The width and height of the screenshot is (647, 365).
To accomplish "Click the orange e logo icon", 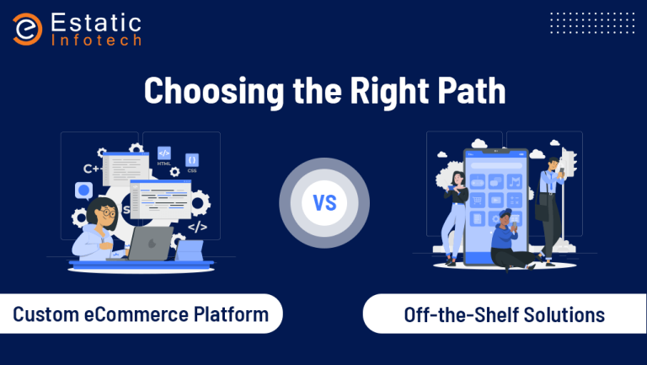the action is click(27, 29).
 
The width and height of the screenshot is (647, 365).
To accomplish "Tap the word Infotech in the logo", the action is click(97, 40).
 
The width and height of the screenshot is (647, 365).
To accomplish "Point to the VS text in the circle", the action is click(324, 203).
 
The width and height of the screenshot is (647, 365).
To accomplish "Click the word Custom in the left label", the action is click(45, 314).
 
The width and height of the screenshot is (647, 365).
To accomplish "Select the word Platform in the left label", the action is click(231, 314).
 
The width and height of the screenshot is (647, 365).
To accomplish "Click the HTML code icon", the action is click(164, 153).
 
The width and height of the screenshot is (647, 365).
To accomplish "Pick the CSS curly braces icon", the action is click(192, 160).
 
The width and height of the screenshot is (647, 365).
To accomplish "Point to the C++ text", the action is click(93, 169).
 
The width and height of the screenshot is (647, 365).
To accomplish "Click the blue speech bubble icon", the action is click(83, 191).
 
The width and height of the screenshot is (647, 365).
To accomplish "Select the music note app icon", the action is click(515, 182).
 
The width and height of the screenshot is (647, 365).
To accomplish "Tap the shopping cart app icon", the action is click(478, 201).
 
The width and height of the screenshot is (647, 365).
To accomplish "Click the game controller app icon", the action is click(478, 182).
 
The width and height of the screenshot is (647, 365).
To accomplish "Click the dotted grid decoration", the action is click(592, 23).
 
